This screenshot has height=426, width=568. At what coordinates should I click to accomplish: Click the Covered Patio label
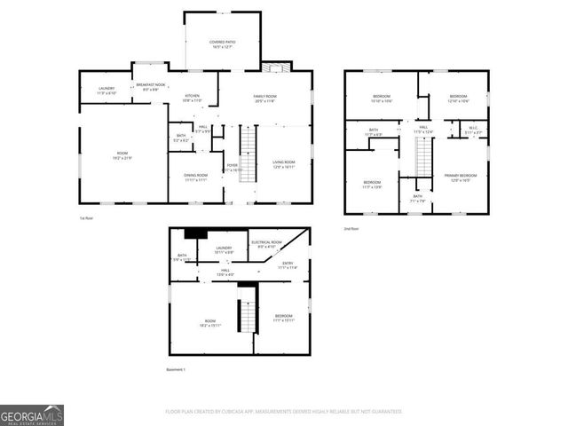[x=222, y=44]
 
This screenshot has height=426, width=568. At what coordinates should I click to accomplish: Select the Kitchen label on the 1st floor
[x=193, y=98]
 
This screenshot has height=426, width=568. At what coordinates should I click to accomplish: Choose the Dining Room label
[x=196, y=177]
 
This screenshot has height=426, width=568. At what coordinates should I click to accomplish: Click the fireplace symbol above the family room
[x=275, y=67]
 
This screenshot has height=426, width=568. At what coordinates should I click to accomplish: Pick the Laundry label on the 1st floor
[x=106, y=91]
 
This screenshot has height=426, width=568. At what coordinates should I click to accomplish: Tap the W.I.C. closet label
[x=475, y=131]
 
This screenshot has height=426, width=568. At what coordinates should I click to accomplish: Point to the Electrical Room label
[x=266, y=244]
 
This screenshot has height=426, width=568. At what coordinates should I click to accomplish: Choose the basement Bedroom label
[x=283, y=318]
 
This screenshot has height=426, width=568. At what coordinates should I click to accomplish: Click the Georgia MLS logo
[x=32, y=414]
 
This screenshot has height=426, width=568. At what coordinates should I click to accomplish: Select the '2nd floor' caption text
[x=352, y=228]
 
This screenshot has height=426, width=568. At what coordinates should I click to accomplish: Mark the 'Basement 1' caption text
[x=177, y=369]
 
